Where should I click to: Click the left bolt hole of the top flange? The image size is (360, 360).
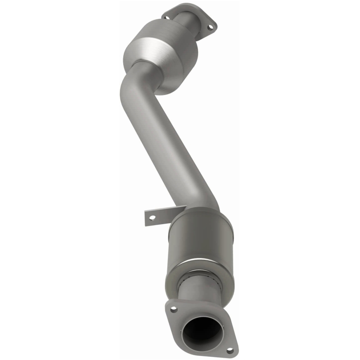[167, 18]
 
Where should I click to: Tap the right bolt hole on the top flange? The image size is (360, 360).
[208, 27]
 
